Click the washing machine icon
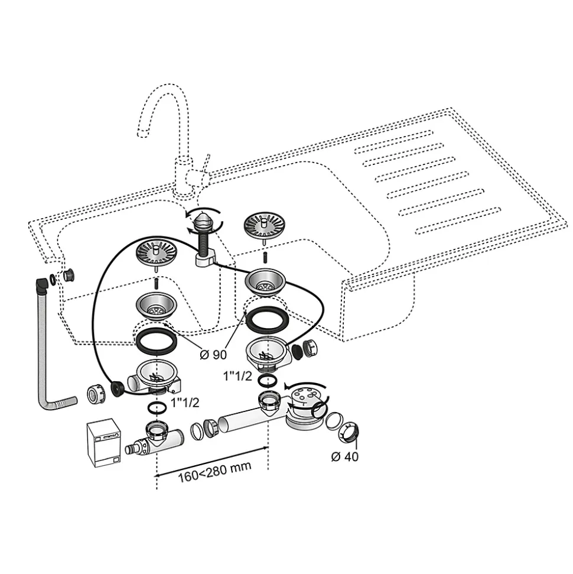pyautogui.click(x=105, y=443)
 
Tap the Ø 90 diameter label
pyautogui.click(x=213, y=354)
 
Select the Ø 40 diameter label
pyautogui.click(x=344, y=456)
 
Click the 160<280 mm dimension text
pyautogui.click(x=214, y=472)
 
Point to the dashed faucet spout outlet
pyautogui.click(x=143, y=132)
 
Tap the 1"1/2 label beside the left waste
pyautogui.click(x=185, y=403)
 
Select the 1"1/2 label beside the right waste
pyautogui.click(x=238, y=376)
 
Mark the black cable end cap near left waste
pyautogui.click(x=117, y=389)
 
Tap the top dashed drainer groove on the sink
pyautogui.click(x=393, y=142)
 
